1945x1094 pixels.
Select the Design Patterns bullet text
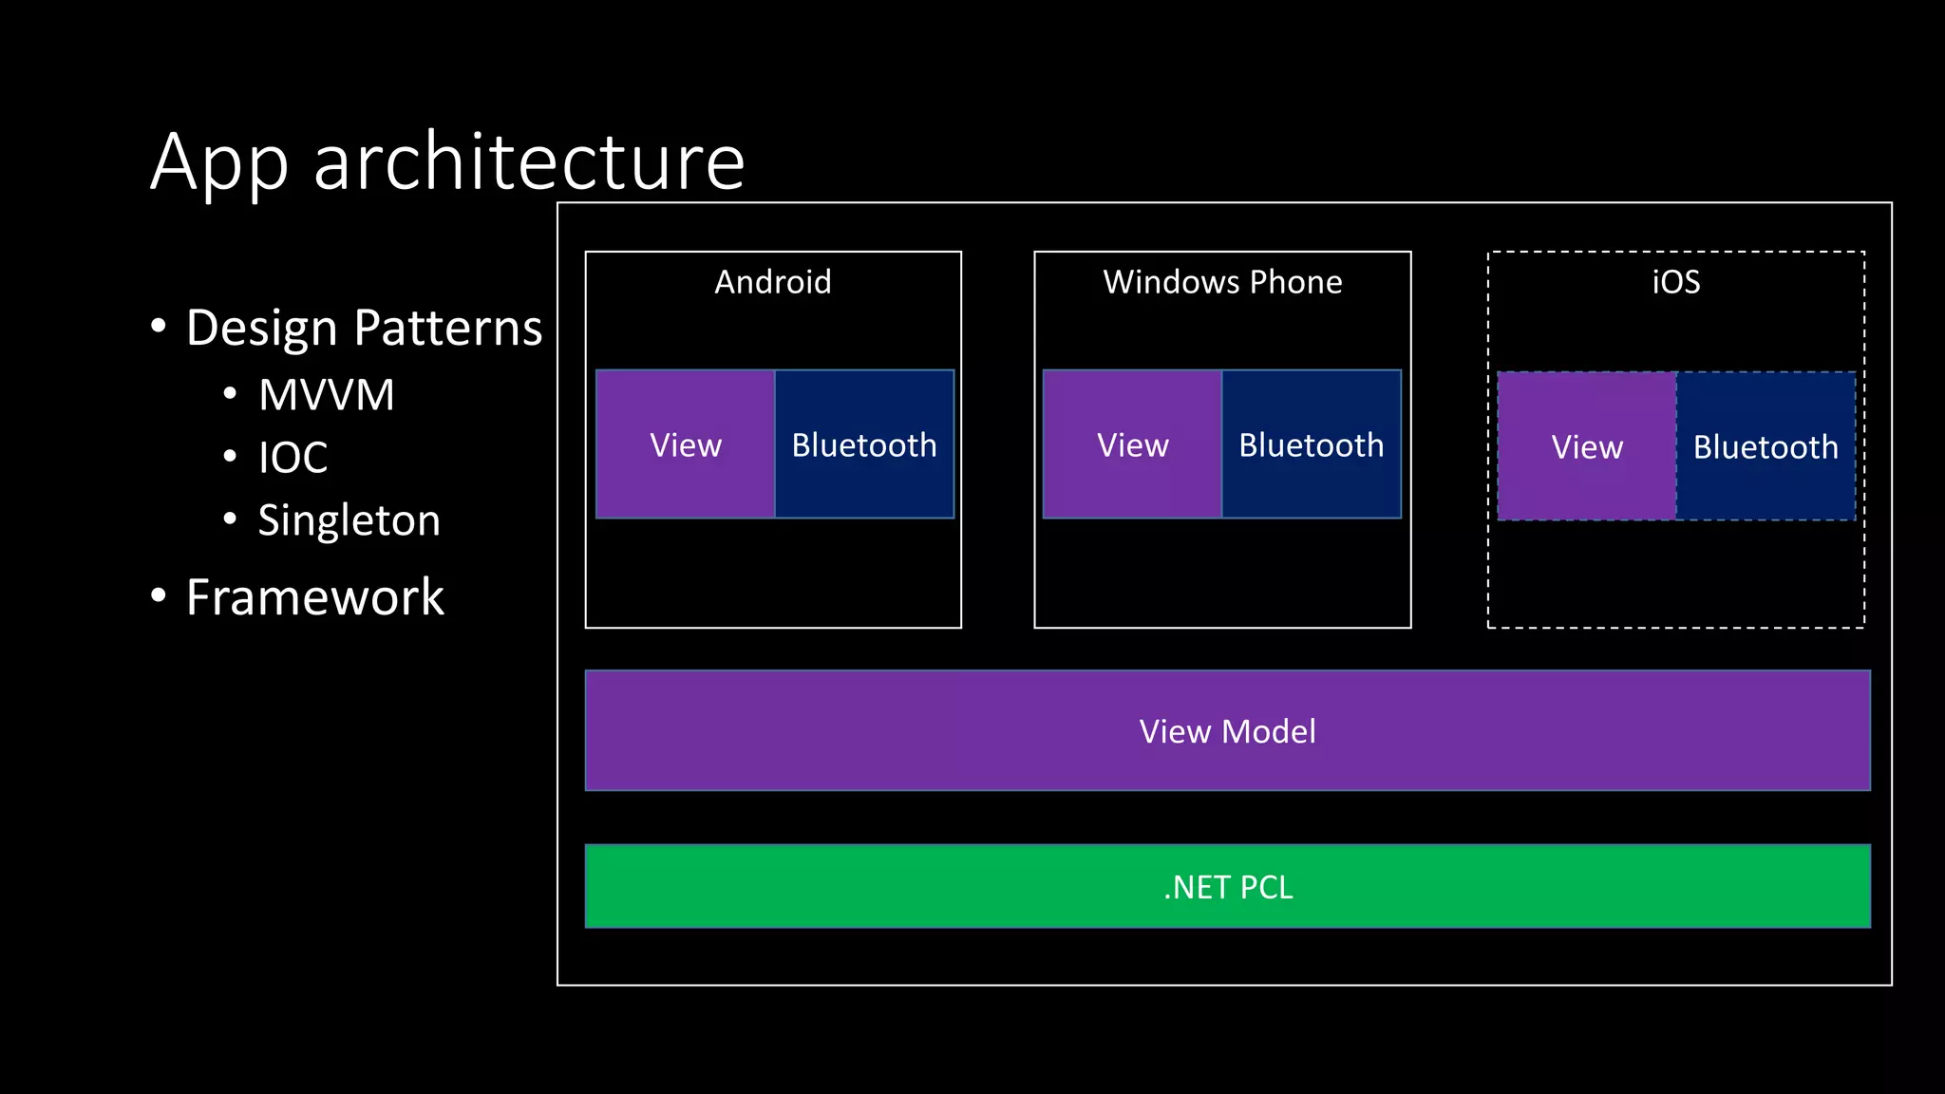click(x=364, y=329)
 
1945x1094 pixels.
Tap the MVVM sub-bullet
click(x=326, y=395)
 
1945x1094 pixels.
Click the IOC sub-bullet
click(x=293, y=458)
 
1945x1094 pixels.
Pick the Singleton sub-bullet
click(x=349, y=520)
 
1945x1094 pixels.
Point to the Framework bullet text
click(x=314, y=597)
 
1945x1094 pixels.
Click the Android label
click(x=772, y=282)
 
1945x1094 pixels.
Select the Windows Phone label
click(x=1222, y=282)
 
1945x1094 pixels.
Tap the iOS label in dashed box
click(x=1675, y=282)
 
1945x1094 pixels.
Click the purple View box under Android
click(x=685, y=444)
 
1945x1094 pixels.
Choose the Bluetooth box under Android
click(x=864, y=444)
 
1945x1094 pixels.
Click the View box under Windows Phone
click(x=1132, y=444)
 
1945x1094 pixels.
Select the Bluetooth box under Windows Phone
click(x=1311, y=444)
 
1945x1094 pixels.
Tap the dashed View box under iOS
click(x=1587, y=446)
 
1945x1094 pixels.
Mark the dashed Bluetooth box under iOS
click(x=1766, y=446)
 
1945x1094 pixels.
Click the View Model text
click(x=1227, y=731)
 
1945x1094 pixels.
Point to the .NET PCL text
click(x=1227, y=887)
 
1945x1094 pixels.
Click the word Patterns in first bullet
click(x=447, y=329)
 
